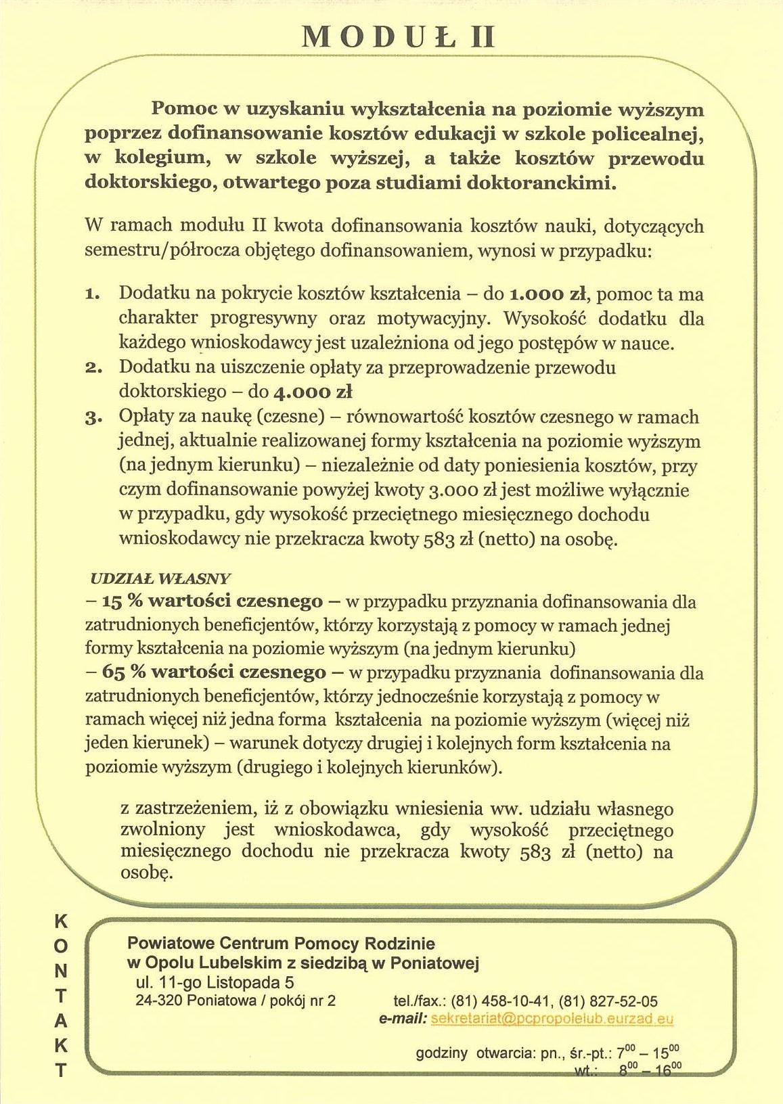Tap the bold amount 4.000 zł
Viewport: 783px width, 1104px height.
(312, 392)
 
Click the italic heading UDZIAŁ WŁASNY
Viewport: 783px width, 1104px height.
(160, 579)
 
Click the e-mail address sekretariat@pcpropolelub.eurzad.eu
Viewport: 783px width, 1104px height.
(552, 1019)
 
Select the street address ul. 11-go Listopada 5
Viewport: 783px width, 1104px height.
(215, 982)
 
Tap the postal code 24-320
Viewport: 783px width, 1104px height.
(156, 1001)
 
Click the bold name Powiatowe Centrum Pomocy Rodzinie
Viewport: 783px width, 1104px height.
(281, 943)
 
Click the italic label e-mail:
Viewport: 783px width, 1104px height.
(403, 1019)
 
